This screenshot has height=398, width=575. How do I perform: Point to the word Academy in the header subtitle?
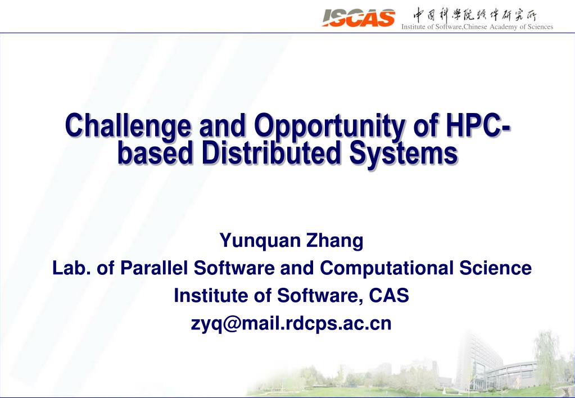point(507,26)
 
